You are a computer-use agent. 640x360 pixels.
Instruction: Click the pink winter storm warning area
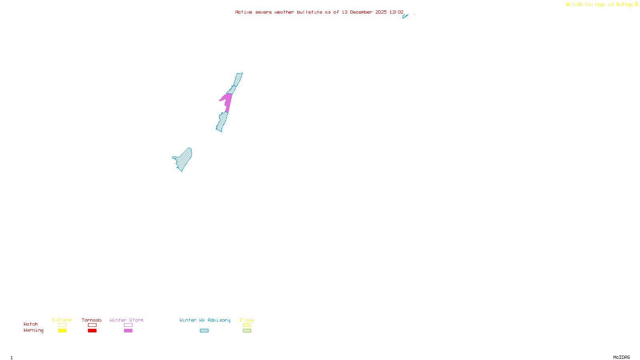227,101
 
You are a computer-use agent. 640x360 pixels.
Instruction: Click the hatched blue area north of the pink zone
236,82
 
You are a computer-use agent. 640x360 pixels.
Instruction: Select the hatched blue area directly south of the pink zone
222,122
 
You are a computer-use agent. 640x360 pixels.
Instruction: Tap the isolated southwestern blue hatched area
183,160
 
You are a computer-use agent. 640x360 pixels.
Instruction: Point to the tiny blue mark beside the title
405,16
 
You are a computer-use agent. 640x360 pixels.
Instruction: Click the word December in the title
361,12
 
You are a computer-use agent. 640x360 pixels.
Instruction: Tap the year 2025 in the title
381,12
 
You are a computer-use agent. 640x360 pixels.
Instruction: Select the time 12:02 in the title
396,12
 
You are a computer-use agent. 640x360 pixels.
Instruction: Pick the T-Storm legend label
62,320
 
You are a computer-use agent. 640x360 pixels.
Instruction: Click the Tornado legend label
92,320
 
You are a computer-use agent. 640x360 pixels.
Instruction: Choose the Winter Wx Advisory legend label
205,320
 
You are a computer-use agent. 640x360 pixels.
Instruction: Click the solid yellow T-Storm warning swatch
62,331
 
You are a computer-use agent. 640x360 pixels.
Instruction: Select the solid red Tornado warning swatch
92,331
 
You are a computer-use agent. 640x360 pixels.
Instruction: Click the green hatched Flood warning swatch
247,331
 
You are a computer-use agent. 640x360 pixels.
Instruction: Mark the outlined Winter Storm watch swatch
128,325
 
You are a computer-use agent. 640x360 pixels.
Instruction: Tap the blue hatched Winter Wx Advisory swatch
204,331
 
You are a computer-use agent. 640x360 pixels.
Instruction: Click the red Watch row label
31,324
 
